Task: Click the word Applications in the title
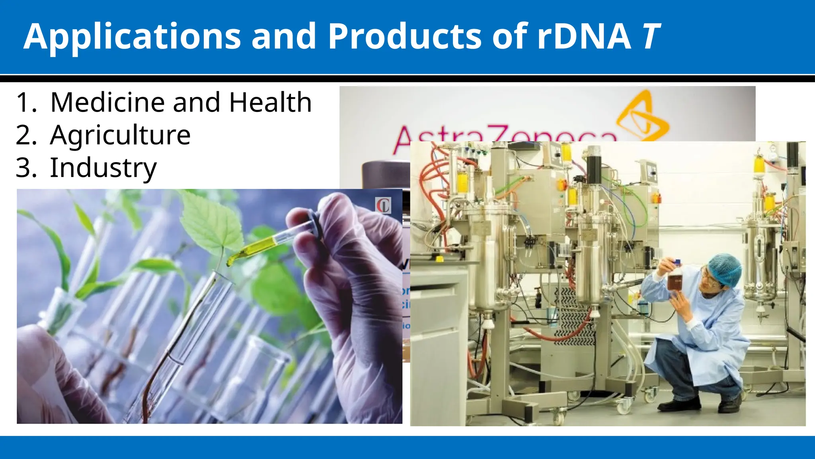pyautogui.click(x=132, y=37)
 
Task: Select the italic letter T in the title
pyautogui.click(x=651, y=37)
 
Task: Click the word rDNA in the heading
pyautogui.click(x=583, y=37)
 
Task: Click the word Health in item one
pyautogui.click(x=270, y=102)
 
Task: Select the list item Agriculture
pyautogui.click(x=120, y=135)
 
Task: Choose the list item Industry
pyautogui.click(x=103, y=168)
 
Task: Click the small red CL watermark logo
pyautogui.click(x=383, y=206)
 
